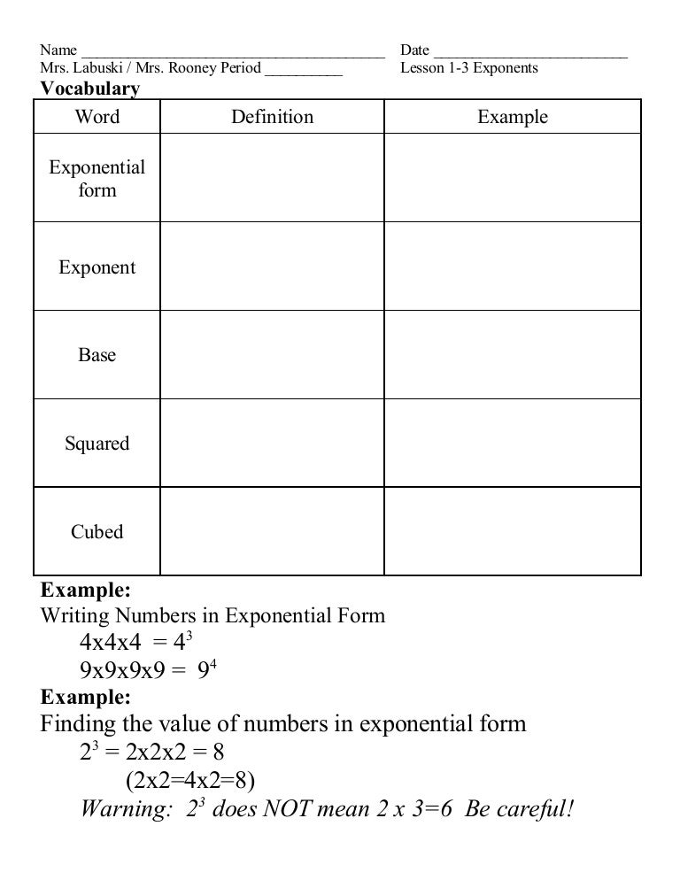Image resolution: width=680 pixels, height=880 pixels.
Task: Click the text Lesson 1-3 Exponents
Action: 468,68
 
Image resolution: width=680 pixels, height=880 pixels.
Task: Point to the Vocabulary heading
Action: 90,89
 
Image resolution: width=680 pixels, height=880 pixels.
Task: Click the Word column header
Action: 97,117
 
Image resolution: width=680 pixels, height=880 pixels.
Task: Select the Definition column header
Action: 272,117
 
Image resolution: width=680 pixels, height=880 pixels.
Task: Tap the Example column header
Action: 513,117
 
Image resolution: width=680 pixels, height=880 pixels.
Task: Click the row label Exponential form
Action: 97,179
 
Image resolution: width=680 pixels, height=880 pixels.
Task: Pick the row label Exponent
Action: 97,267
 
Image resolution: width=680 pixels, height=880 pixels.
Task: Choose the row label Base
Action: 97,355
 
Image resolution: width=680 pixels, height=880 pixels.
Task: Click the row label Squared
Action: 97,444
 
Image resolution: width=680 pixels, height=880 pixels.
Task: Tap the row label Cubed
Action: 97,532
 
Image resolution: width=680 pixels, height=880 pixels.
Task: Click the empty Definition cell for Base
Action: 272,355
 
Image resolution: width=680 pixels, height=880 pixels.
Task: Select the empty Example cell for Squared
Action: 513,444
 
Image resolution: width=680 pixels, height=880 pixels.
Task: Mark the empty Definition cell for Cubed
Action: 272,532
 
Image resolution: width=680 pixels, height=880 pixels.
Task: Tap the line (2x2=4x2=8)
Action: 189,781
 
